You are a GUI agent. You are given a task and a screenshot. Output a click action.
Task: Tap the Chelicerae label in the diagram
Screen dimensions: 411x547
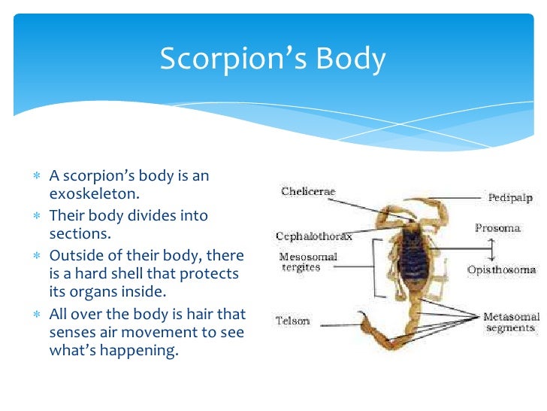[308, 192]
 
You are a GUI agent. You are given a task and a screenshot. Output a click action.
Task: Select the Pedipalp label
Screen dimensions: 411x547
[510, 197]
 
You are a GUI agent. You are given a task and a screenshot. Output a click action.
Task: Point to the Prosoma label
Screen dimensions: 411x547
[497, 227]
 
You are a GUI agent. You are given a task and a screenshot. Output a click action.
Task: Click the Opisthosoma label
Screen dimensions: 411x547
[501, 269]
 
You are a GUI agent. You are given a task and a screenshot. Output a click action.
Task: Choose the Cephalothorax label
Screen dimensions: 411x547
[313, 236]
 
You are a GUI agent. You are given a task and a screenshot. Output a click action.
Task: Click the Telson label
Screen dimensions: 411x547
[292, 320]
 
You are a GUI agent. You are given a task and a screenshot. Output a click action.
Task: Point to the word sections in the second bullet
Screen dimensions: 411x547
[75, 234]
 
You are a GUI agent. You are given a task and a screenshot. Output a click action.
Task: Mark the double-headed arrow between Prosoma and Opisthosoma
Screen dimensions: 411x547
[491, 248]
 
